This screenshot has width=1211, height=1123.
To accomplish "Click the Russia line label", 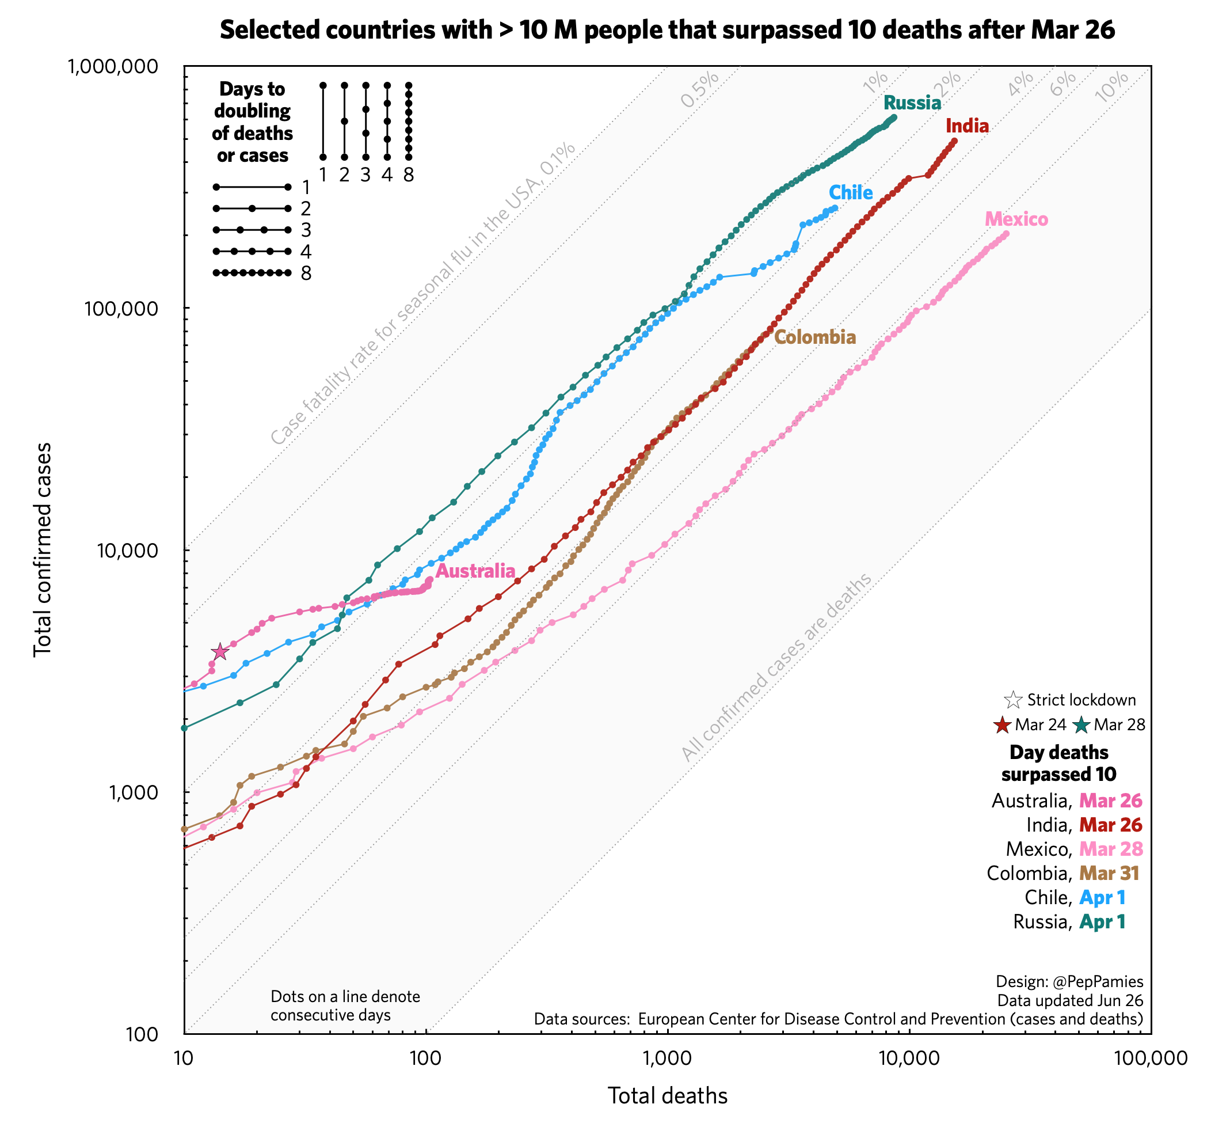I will coord(912,103).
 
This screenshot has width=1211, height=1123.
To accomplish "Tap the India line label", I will coord(967,126).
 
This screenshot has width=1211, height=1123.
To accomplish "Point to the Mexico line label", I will coord(1016,219).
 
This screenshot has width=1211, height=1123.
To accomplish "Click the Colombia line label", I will coord(815,337).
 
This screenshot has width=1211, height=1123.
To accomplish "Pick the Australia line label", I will coord(475,571).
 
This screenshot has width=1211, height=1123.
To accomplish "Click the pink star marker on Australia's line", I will coord(220,652).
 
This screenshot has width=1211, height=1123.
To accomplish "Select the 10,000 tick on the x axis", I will coord(909,1058).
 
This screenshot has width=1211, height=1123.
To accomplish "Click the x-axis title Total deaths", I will coord(667,1096).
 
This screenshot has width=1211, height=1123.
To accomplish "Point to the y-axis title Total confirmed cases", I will coord(43,550).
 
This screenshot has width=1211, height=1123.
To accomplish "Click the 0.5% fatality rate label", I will coord(700,90).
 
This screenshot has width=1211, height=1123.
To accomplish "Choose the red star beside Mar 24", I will coord(1001,725).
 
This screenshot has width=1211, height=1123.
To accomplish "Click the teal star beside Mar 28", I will coord(1081,725).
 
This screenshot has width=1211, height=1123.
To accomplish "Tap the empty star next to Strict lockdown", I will coord(1013,700).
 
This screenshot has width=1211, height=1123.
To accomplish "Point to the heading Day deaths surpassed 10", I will coord(1058,763).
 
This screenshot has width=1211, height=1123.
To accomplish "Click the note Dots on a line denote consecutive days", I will coord(345,1006).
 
